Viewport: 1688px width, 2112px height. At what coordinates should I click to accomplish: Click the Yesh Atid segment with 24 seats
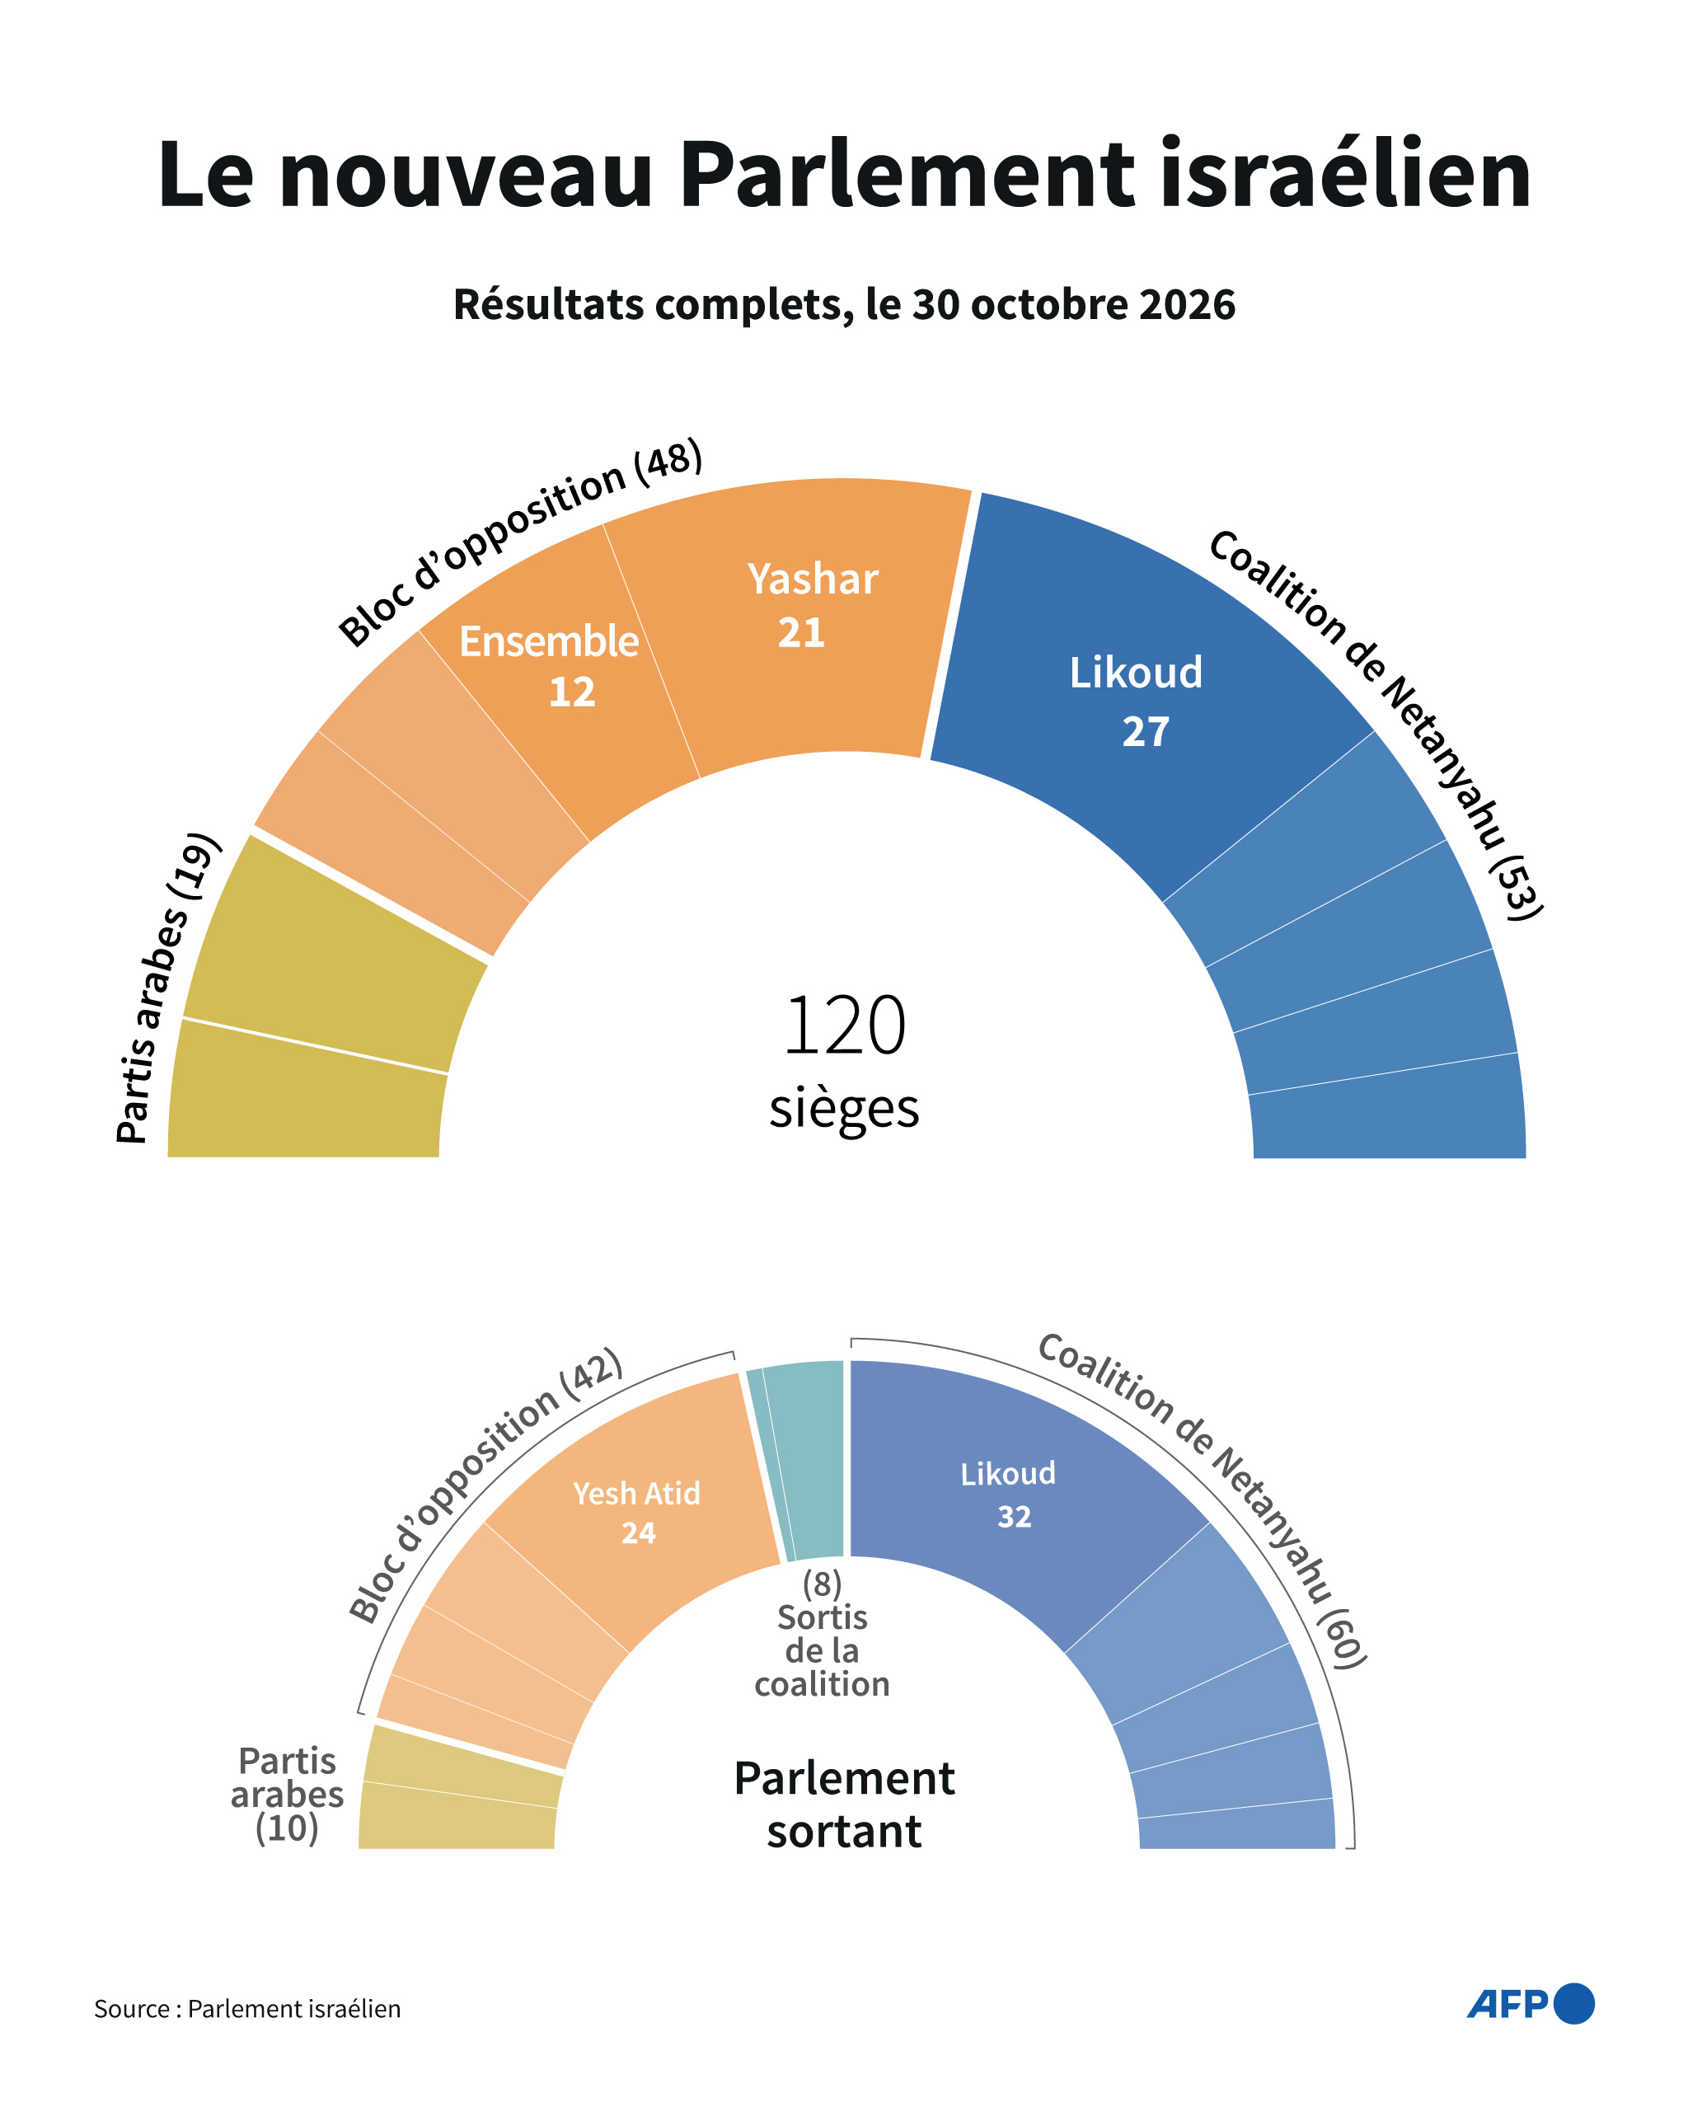[637, 1509]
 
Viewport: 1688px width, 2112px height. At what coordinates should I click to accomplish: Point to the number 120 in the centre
[845, 1025]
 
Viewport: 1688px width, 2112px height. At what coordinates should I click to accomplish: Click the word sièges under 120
[845, 1109]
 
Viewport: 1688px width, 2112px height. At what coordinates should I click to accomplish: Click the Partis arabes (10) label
[287, 1794]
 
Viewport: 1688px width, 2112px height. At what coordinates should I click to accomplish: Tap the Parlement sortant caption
[845, 1805]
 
